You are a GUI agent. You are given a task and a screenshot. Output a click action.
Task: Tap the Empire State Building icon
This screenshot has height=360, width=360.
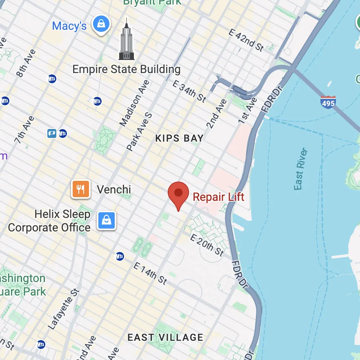click(126, 40)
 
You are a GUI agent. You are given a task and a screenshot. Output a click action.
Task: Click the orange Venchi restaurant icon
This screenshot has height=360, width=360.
click(81, 189)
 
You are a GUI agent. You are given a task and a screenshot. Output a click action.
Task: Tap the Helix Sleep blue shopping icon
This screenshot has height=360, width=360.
click(107, 220)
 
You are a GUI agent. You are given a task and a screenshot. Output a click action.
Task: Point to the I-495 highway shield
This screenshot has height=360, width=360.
click(328, 101)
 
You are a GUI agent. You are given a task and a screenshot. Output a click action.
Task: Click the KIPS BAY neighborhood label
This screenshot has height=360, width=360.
click(179, 138)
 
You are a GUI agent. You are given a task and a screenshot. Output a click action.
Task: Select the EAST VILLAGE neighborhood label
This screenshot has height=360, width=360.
click(165, 337)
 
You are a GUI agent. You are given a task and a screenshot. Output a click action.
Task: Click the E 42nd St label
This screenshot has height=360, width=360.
click(246, 40)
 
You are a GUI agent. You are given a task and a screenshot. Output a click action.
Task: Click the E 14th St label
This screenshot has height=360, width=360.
click(150, 273)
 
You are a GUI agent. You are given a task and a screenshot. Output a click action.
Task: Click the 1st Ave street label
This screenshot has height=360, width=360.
click(248, 111)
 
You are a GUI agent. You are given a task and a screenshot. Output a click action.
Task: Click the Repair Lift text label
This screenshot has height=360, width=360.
click(218, 197)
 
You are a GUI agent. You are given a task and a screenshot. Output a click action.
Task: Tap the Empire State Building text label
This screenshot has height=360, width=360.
click(126, 69)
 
